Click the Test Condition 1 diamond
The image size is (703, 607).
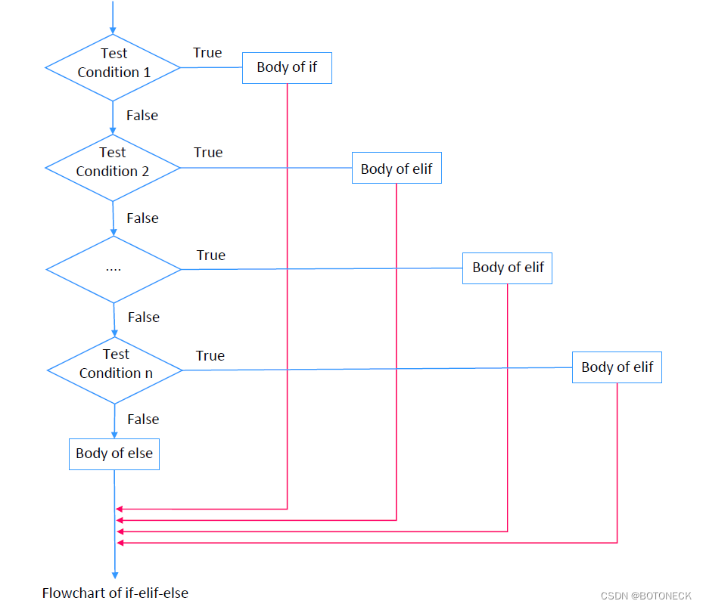pos(113,67)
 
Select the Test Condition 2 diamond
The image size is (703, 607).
pos(113,167)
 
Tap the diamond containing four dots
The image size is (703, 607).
pos(114,268)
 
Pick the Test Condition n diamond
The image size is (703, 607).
pos(115,370)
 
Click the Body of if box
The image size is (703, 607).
pos(287,67)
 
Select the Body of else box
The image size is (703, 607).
pos(114,454)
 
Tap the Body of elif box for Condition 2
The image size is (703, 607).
pos(397,169)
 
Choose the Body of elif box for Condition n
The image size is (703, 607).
pos(617,367)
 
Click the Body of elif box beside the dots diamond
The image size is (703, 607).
pos(507,268)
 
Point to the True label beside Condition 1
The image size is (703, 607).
pos(207,53)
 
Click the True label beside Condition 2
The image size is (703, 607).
pos(208,153)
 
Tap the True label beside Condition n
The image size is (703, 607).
pos(210,355)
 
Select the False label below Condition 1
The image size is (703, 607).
pos(142,116)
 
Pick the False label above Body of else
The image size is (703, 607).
pos(143,420)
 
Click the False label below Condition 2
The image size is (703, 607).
pos(142,218)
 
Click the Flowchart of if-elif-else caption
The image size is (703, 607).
pos(115,593)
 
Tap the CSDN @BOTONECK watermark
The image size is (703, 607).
pos(646,596)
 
